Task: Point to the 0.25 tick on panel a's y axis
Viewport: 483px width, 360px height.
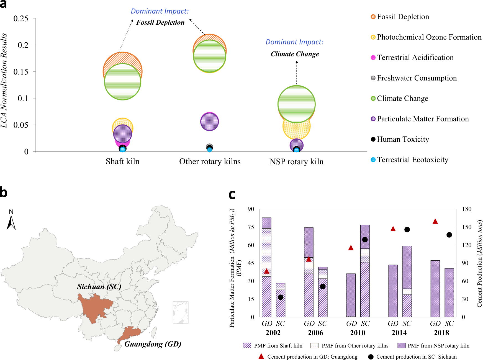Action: pyautogui.click(x=21, y=19)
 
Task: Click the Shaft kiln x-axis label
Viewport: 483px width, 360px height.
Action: pyautogui.click(x=122, y=162)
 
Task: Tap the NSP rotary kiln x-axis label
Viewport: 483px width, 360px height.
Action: pyautogui.click(x=296, y=162)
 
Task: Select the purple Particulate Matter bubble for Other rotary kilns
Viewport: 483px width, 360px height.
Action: pyautogui.click(x=209, y=122)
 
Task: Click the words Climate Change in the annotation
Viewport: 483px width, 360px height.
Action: pyautogui.click(x=295, y=54)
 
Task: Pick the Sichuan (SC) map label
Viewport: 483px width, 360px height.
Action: pyautogui.click(x=99, y=287)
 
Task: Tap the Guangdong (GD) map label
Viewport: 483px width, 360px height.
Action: pyautogui.click(x=153, y=344)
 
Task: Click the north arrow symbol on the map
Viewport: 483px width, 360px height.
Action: pyautogui.click(x=11, y=223)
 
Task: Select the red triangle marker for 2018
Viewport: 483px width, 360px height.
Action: pyautogui.click(x=435, y=221)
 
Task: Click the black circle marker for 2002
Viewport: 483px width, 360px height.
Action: pyautogui.click(x=281, y=297)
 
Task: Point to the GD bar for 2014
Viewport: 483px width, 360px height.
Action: pyautogui.click(x=393, y=291)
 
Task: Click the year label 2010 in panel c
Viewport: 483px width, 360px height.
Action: pyautogui.click(x=358, y=333)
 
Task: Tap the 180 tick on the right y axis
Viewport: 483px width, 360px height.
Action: pyautogui.click(x=467, y=209)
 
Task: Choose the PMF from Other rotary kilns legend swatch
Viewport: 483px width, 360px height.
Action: pyautogui.click(x=314, y=346)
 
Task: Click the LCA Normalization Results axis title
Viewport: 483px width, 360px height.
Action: pyautogui.click(x=4, y=80)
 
